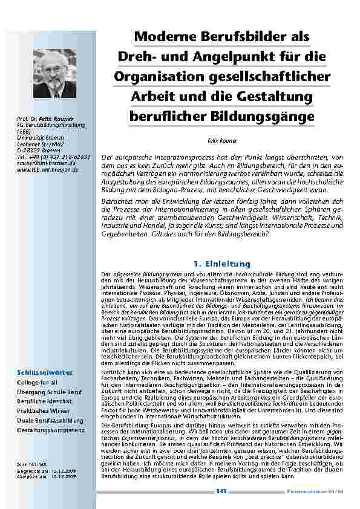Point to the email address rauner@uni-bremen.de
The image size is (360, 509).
pyautogui.click(x=42, y=163)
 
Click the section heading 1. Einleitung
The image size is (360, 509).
pyautogui.click(x=221, y=264)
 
